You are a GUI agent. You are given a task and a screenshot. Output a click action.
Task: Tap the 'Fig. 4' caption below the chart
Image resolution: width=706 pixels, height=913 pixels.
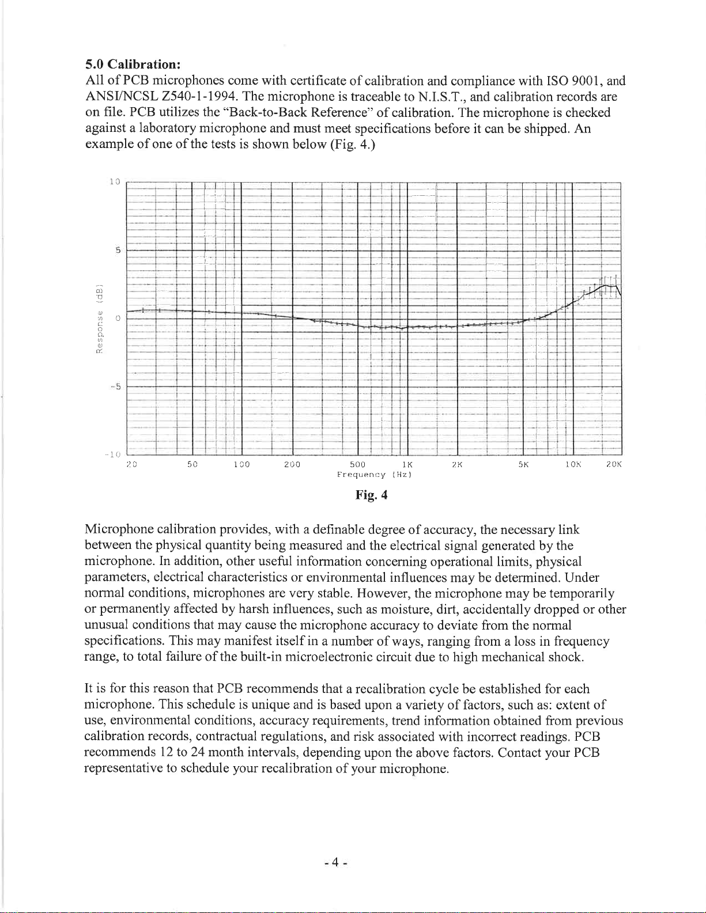[371, 495]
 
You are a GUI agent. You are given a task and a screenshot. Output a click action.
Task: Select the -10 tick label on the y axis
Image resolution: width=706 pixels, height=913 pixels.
[112, 454]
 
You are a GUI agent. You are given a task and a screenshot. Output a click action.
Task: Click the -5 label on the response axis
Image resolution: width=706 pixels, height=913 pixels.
[115, 386]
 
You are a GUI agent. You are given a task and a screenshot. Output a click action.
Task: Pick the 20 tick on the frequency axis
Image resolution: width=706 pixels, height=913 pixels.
[131, 464]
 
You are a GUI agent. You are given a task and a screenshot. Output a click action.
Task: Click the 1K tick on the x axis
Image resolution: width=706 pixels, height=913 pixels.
[407, 464]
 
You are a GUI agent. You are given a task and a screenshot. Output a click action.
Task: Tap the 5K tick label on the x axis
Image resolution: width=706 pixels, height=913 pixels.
[523, 464]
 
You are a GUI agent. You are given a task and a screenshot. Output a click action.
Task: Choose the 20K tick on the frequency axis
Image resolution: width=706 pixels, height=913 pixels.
[613, 464]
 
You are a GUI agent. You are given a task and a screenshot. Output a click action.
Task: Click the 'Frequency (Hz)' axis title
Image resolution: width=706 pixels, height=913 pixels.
[373, 475]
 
